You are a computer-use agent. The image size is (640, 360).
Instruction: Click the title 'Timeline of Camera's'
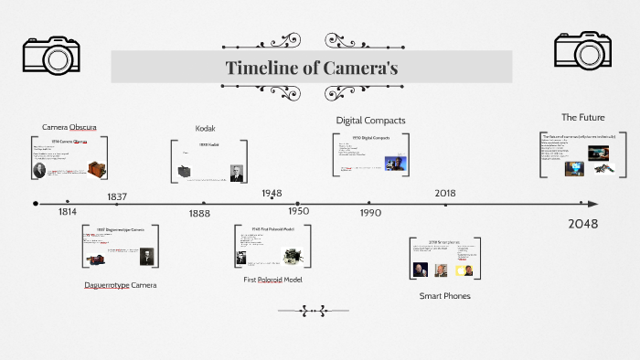coord(311,68)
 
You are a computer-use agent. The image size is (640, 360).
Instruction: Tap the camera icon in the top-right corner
coord(581,53)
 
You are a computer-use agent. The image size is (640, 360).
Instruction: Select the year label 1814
coord(67,212)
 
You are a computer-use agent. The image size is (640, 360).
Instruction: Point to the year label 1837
coord(117,196)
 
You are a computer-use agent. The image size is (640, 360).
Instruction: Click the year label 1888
coord(199,213)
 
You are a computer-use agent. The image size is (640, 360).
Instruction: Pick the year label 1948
coord(271,194)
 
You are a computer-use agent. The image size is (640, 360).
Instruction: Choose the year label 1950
coord(298,211)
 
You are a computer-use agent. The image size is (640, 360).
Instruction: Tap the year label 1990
coord(370,212)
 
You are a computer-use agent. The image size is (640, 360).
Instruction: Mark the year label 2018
coord(445,193)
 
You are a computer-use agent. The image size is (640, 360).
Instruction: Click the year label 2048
coord(583,224)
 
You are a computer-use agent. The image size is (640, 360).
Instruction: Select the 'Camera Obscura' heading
coord(69,126)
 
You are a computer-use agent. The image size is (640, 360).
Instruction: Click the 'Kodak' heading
coord(206,128)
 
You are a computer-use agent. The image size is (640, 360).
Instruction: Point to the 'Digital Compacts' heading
coord(370,120)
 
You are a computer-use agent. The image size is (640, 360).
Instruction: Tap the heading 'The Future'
coord(582,117)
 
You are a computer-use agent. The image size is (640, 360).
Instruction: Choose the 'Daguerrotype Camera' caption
coord(120,285)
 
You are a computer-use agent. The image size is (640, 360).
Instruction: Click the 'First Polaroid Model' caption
coord(272,280)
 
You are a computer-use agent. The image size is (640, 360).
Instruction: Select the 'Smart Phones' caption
coord(444,296)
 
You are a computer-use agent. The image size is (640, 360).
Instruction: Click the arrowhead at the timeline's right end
coord(593,204)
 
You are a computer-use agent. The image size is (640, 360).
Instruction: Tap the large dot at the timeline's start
coord(36,204)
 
